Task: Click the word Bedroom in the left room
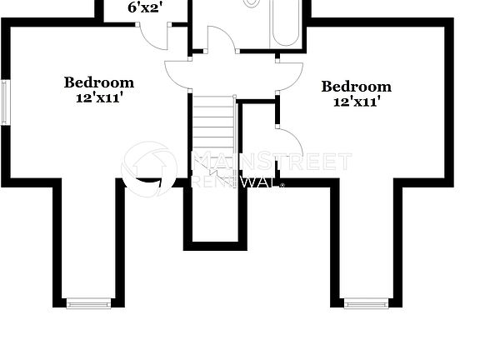pos(99,82)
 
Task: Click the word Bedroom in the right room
pos(356,87)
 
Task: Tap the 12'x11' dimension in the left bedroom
pos(99,97)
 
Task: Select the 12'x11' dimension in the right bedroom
pos(357,102)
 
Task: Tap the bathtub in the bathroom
pos(285,24)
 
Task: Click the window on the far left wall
pos(4,102)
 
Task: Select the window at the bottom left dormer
pos(88,303)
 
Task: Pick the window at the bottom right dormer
pos(367,303)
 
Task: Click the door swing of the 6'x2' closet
pos(152,35)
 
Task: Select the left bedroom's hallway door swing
pos(178,75)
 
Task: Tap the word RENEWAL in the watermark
pos(234,181)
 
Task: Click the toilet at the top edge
pos(252,3)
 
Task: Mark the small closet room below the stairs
pos(215,212)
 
